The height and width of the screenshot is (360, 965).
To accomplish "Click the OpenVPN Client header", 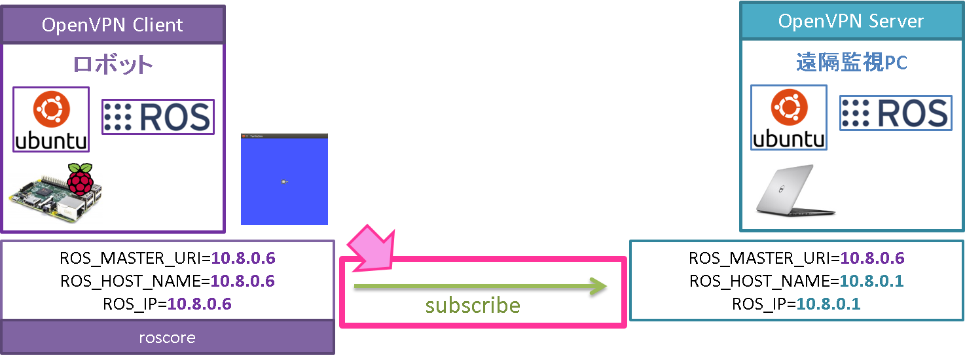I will tap(113, 25).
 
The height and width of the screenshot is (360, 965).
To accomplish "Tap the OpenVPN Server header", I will tap(850, 21).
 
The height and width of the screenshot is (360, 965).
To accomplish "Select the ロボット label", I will tap(113, 65).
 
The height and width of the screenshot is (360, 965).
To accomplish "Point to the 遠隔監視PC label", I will tap(850, 63).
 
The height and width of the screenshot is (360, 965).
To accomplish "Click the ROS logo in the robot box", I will tap(158, 117).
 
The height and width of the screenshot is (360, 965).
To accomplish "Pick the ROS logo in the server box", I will tap(896, 113).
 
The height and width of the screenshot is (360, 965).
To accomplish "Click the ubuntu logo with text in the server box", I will tap(789, 118).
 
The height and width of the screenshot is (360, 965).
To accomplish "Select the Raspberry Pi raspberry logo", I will tap(81, 179).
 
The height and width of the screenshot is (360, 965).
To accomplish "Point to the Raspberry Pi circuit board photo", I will tap(46, 200).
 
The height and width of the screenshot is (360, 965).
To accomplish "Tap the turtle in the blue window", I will tap(283, 181).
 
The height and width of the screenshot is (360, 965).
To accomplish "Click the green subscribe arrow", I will tap(481, 285).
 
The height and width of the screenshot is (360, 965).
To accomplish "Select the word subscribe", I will tap(473, 306).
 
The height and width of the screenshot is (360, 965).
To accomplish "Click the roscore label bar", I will tap(168, 338).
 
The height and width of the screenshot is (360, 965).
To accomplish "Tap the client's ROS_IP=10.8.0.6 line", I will tap(168, 304).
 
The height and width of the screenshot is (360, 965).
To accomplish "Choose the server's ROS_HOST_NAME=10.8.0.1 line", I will tap(796, 281).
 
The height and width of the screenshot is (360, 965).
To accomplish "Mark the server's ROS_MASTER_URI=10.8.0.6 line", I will tap(796, 259).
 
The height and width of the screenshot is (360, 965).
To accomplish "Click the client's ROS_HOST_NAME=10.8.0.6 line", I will tap(168, 281).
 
